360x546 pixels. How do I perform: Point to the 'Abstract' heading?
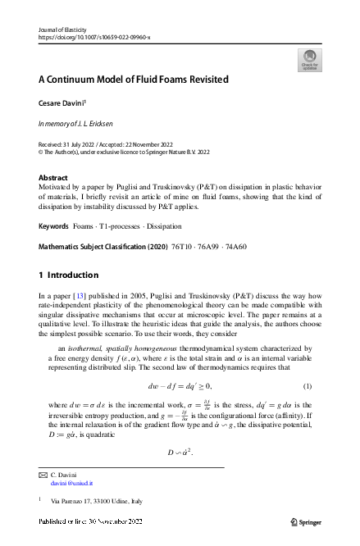point(53,176)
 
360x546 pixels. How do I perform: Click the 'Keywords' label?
point(53,224)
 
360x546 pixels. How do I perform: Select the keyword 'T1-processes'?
point(125,224)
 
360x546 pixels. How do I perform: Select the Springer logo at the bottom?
point(308,521)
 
